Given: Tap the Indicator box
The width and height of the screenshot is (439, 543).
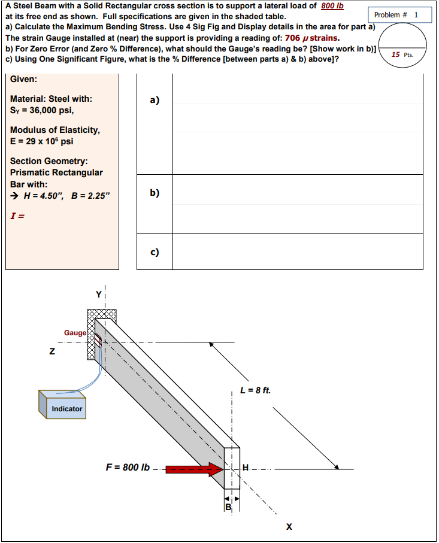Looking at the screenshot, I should (x=66, y=409).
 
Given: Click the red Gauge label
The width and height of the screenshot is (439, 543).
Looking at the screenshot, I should (x=75, y=332).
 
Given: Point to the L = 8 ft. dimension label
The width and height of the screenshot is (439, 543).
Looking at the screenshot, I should (x=255, y=390).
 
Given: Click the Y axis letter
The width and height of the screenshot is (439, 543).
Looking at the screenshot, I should (x=99, y=294).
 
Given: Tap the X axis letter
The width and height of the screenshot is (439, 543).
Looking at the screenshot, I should (x=289, y=527).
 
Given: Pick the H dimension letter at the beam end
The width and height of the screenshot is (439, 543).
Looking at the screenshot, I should (x=245, y=468).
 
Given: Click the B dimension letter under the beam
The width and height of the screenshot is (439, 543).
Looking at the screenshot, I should (x=228, y=508).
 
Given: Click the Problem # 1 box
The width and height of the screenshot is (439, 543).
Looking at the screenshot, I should (x=396, y=14).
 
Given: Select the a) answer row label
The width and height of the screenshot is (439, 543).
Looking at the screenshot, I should (x=155, y=101).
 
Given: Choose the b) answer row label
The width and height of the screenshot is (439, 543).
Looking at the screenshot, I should (x=155, y=193).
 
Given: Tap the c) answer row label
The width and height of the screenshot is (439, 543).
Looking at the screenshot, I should (x=155, y=251).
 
